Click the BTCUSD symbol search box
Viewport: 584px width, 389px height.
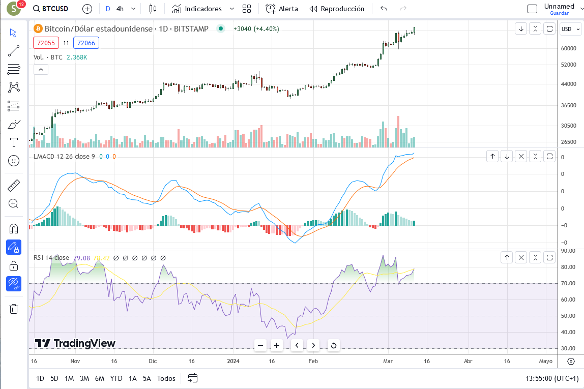(51, 9)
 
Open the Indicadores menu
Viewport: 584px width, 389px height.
(203, 9)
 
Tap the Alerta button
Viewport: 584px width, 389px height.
(282, 9)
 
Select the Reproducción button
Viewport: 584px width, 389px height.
(337, 9)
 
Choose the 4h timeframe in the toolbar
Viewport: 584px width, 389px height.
(120, 9)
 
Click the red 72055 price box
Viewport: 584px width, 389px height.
(46, 43)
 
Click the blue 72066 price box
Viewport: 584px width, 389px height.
(86, 43)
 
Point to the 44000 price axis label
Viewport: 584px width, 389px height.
(568, 84)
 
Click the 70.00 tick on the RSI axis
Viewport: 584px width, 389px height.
(568, 283)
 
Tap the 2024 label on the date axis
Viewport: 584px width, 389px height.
(233, 361)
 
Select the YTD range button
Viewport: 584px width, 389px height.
(116, 378)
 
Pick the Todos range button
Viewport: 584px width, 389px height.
(166, 378)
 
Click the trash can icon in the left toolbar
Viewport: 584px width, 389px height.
(14, 309)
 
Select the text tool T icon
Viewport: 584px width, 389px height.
(14, 142)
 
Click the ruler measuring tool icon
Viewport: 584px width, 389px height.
(14, 186)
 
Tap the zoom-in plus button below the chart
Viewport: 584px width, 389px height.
(277, 345)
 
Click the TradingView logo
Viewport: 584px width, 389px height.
(75, 343)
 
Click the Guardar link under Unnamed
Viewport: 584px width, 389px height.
(559, 13)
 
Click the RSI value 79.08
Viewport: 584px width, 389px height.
(81, 258)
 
